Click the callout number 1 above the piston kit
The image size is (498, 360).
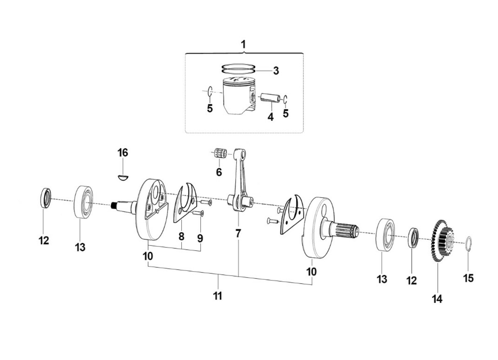(x=244, y=44)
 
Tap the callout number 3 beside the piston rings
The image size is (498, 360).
(x=276, y=71)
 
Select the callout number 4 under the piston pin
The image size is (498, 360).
(x=271, y=117)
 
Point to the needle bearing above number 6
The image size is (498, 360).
(x=220, y=154)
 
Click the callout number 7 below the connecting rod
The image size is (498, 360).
(x=238, y=234)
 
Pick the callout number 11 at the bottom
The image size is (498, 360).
(x=217, y=296)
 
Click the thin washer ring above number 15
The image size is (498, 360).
(x=468, y=243)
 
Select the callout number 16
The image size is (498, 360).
(x=123, y=153)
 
